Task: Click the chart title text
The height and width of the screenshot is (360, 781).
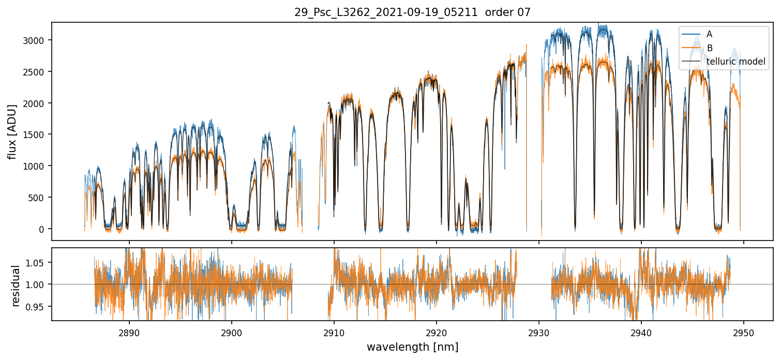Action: click(412, 12)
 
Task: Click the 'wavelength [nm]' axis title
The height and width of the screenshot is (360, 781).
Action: click(412, 347)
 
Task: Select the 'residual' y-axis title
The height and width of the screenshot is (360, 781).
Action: click(16, 286)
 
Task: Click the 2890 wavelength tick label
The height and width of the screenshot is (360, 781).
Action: click(129, 331)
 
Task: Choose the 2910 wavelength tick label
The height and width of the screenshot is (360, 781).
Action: click(334, 331)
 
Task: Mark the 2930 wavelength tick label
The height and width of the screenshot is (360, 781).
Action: click(539, 331)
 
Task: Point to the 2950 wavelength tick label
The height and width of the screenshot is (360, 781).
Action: click(744, 331)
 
